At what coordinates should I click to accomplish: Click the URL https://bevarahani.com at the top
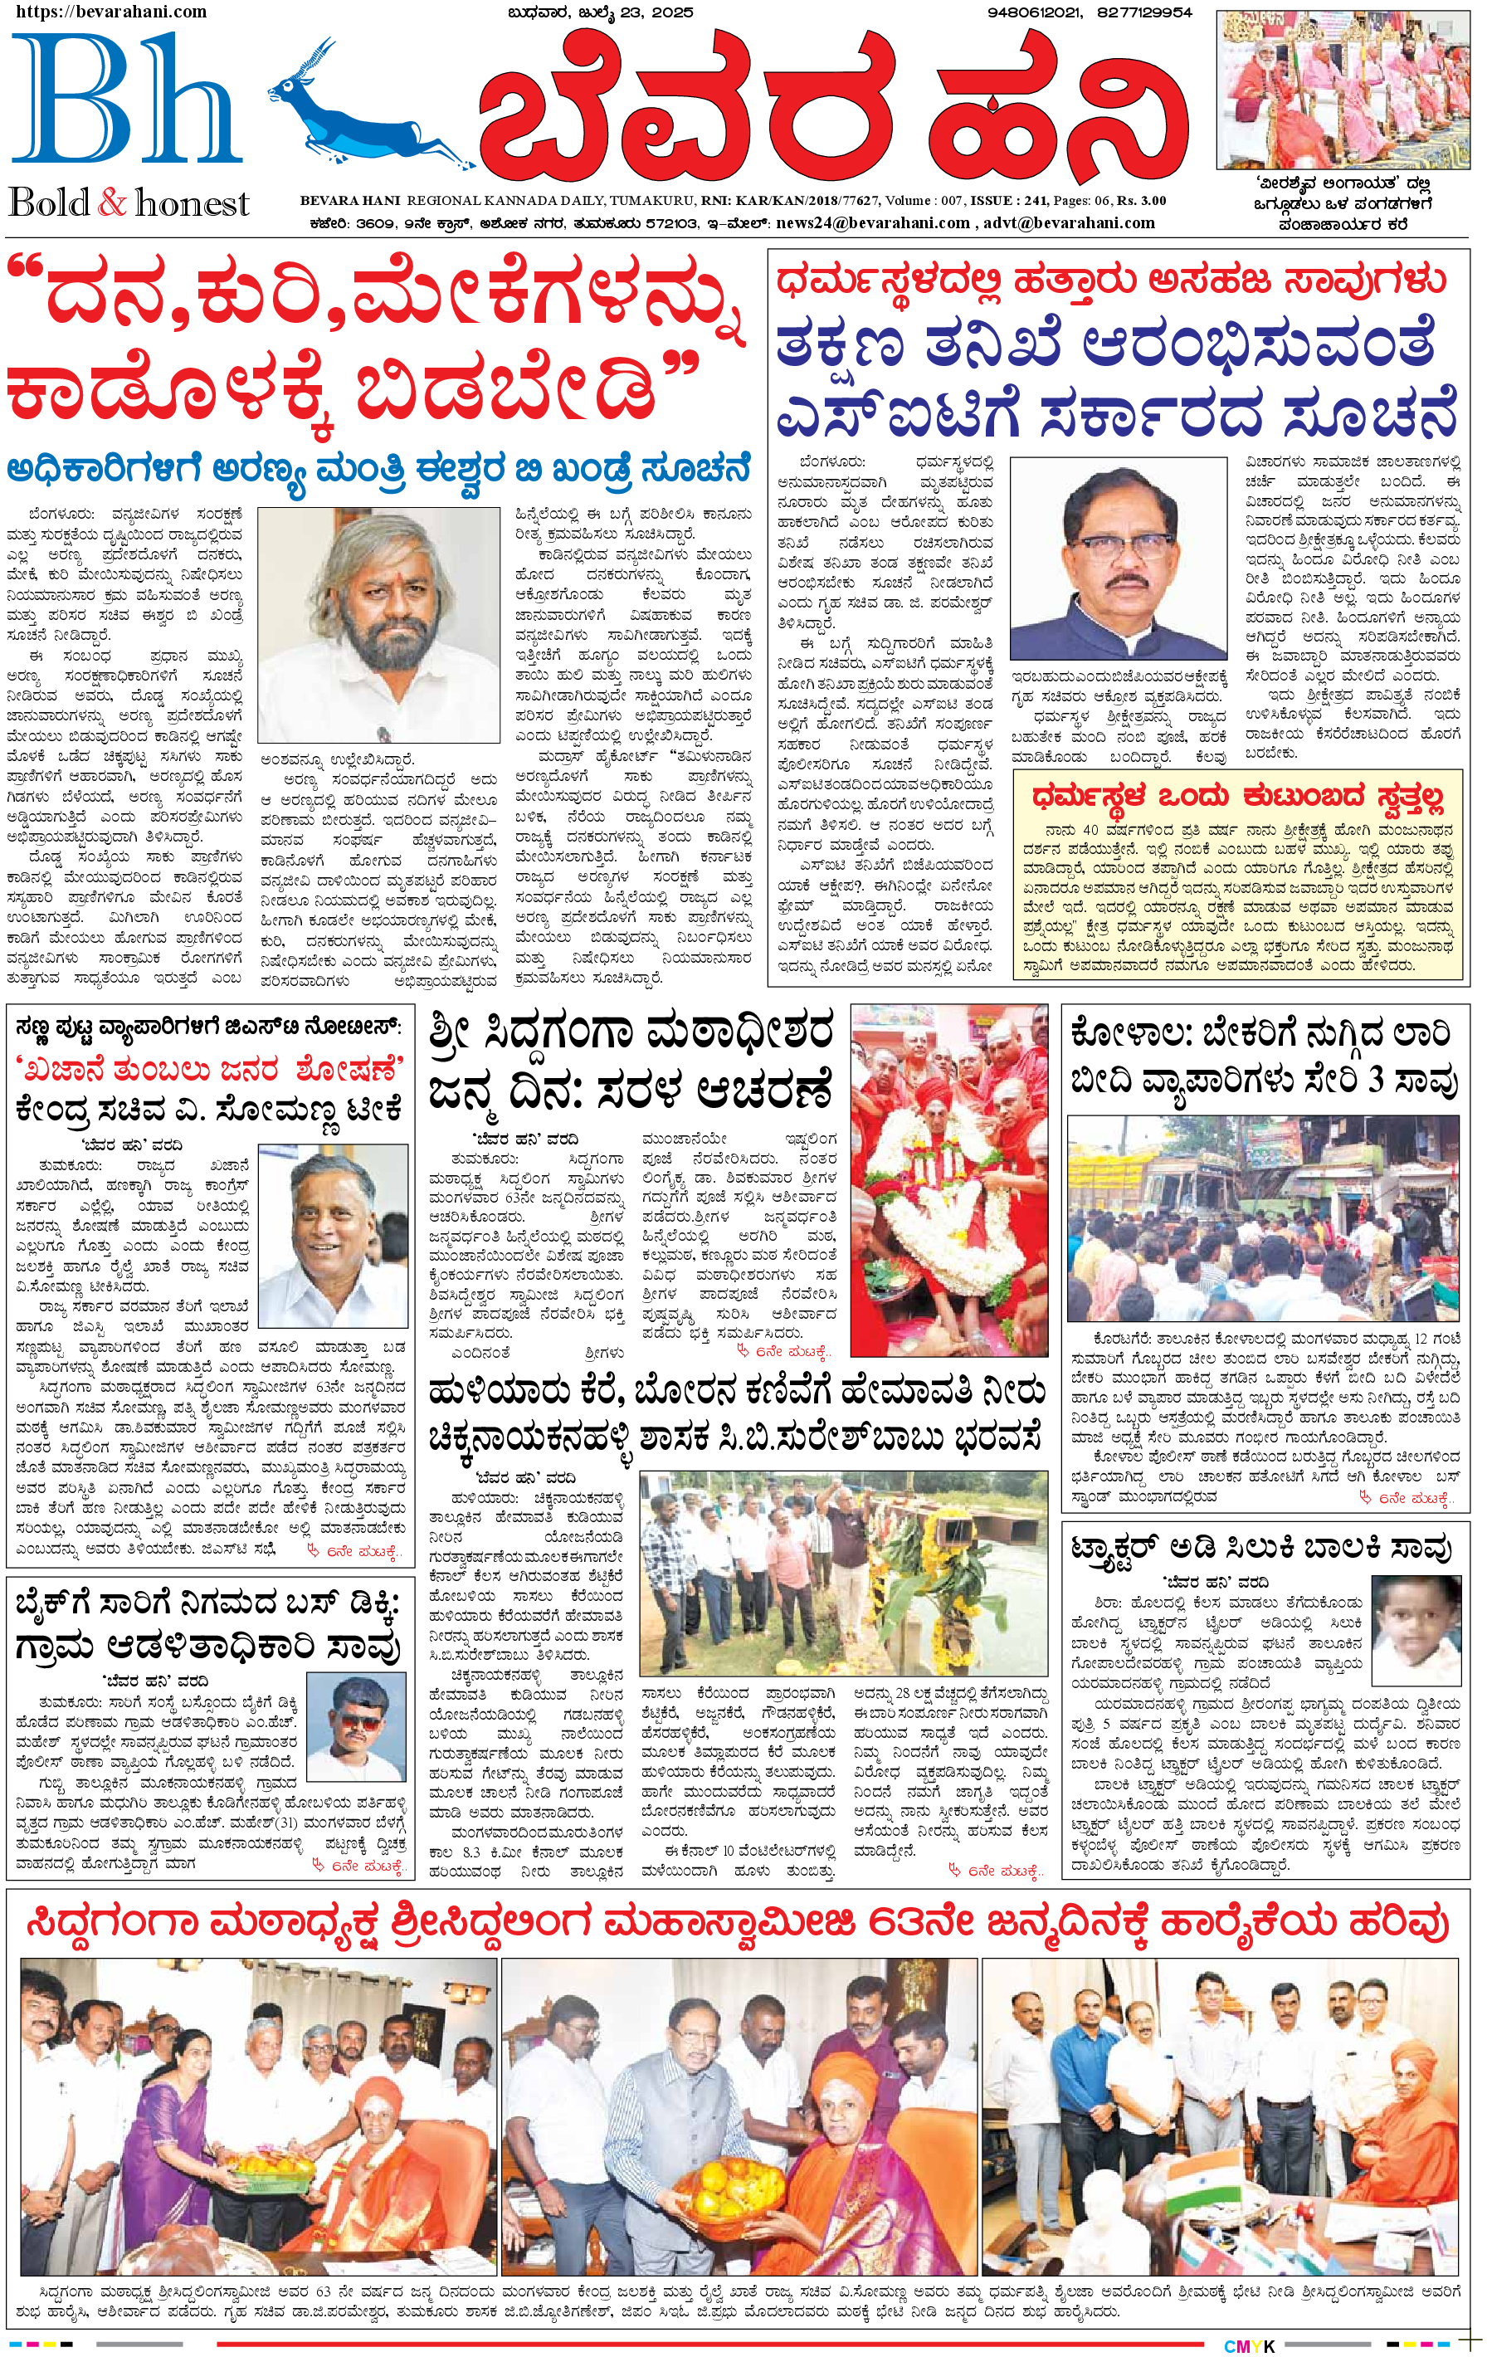pos(110,12)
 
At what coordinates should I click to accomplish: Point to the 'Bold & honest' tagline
pos(129,203)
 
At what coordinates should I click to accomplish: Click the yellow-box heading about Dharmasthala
pos(1237,797)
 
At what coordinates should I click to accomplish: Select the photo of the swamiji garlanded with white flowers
pos(936,1179)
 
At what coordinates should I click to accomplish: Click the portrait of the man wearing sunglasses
pos(355,1725)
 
